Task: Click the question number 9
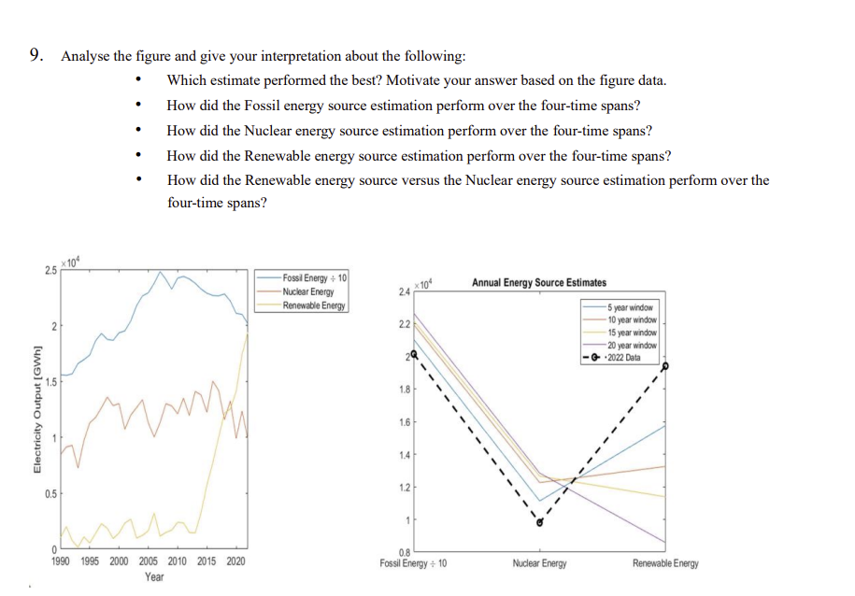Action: (x=35, y=56)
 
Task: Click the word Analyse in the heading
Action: (x=84, y=56)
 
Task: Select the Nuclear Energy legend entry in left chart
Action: (x=307, y=291)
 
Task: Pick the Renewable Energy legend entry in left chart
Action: (x=313, y=305)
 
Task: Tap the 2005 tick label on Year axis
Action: (x=148, y=561)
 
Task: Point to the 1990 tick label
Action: (x=61, y=561)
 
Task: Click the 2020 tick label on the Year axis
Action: (x=235, y=561)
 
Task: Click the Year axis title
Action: (x=154, y=577)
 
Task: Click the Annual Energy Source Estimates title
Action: (x=538, y=282)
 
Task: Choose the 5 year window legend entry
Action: (x=632, y=306)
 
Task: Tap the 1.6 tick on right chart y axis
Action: (x=403, y=422)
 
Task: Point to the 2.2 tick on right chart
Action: (x=403, y=324)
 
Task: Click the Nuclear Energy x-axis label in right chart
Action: (x=539, y=563)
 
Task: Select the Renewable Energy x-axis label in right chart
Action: (x=664, y=563)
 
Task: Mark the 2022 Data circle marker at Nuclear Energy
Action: (x=539, y=523)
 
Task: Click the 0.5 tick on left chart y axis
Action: (x=54, y=492)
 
